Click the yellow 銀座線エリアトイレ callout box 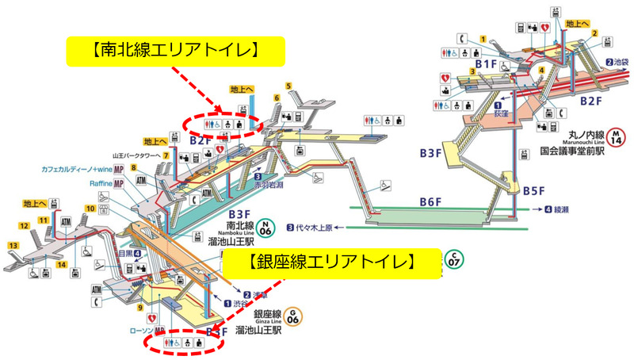coord(330,262)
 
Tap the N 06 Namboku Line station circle coord(269,228)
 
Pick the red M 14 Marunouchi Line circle coord(614,137)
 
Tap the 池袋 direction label coord(618,62)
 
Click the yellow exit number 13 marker coord(13,246)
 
